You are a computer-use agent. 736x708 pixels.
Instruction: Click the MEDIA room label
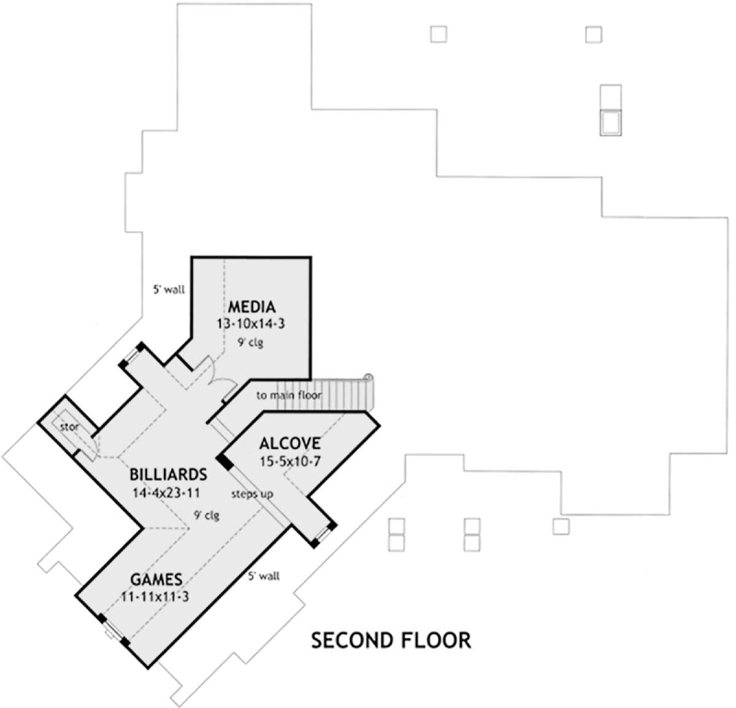[252, 307]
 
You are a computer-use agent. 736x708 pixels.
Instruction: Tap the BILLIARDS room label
[168, 474]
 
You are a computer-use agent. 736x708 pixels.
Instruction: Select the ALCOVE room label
[290, 444]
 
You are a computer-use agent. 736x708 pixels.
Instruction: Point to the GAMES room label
[156, 579]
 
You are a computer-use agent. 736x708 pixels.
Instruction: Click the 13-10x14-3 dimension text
[250, 324]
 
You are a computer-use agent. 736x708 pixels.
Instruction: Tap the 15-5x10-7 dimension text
[290, 461]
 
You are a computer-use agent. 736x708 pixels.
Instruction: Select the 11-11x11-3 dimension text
[155, 597]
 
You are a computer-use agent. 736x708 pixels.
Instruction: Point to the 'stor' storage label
[69, 427]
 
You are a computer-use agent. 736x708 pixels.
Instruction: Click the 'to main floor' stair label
[289, 396]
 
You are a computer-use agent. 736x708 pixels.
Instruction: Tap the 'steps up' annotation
[252, 494]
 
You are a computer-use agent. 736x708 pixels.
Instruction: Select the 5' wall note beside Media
[169, 290]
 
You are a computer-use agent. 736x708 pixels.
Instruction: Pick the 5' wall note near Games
[264, 576]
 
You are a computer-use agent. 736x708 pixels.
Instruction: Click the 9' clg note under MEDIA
[250, 342]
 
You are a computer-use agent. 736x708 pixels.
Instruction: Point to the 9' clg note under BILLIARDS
[207, 515]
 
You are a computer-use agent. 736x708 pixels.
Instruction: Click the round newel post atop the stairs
[368, 377]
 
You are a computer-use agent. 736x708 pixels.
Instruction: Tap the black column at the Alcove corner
[224, 462]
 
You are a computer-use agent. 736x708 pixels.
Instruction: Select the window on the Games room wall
[113, 630]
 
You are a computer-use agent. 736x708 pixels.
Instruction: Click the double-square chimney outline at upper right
[611, 110]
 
